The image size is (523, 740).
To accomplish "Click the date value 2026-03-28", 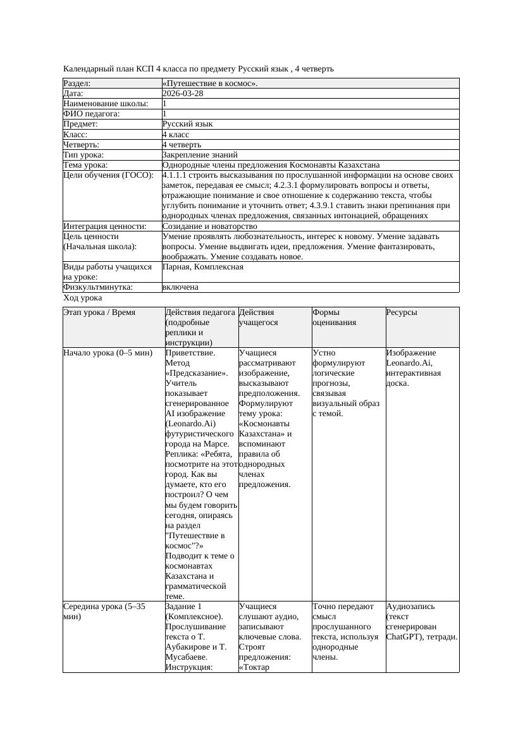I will (183, 94).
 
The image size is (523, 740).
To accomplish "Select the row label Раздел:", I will (77, 83).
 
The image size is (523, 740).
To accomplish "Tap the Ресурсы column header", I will (402, 312).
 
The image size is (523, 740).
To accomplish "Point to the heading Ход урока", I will (83, 298).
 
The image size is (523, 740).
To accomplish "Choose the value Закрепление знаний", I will (200, 155).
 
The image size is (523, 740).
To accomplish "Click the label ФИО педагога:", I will (92, 114).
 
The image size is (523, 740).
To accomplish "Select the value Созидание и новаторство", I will (209, 226).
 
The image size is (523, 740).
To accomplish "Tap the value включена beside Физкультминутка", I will (180, 287).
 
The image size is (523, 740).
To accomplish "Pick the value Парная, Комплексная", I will (202, 267).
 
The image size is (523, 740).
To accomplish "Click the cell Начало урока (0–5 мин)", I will (108, 353).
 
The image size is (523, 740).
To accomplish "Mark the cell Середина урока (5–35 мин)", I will (104, 611).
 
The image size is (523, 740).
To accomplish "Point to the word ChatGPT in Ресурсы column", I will (405, 637).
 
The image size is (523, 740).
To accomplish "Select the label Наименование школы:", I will (106, 104).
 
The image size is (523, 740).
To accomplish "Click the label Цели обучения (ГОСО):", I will (108, 175).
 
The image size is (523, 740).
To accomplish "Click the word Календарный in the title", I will (89, 68).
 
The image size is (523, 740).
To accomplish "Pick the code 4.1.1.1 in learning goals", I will (175, 175).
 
